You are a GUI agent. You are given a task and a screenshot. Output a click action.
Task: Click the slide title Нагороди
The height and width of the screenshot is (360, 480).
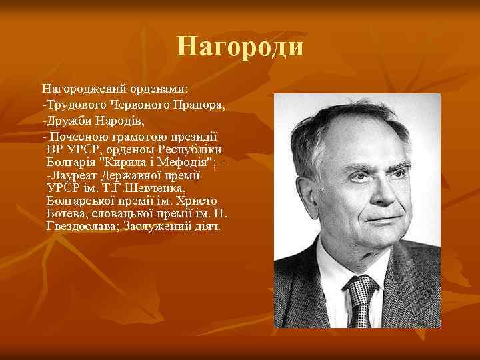[x=240, y=47]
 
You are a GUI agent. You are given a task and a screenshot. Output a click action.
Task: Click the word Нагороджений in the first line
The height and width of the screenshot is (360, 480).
[x=81, y=88]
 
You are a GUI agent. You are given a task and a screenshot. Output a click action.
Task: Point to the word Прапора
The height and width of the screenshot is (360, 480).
[x=199, y=105]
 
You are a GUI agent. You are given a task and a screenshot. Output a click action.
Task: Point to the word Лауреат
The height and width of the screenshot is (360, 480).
[x=74, y=175]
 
